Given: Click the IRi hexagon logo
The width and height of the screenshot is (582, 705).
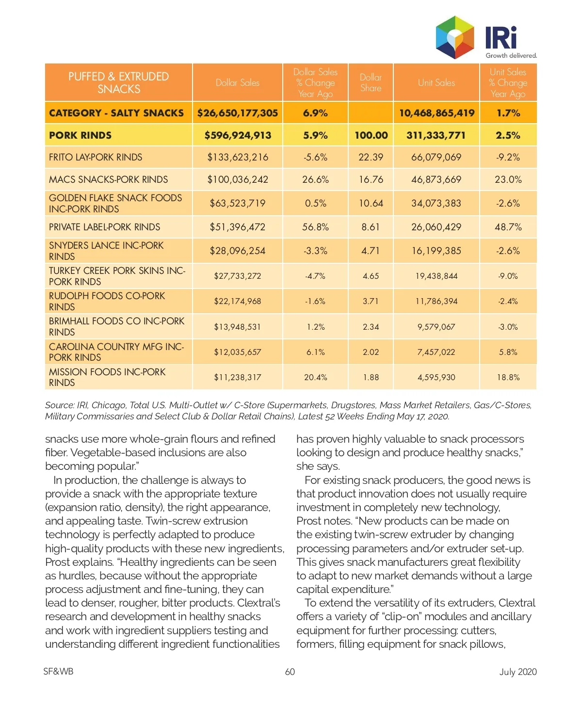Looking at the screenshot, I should (454, 37).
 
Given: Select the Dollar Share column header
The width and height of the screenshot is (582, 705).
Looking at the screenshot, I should (371, 83).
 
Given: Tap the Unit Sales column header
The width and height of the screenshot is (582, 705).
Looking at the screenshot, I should (436, 83).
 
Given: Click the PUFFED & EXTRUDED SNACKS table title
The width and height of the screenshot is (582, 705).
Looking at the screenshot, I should (119, 83).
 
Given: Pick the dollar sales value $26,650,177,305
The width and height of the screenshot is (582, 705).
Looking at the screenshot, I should (238, 113).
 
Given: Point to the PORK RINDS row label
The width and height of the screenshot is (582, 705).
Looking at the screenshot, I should (81, 135).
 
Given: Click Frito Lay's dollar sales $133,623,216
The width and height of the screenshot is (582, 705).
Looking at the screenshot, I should (238, 157).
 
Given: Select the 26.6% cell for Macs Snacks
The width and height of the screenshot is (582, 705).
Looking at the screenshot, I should (315, 179).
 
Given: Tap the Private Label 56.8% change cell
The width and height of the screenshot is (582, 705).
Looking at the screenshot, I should (315, 227).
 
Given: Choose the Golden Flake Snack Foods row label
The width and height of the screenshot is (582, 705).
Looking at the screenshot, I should (115, 203).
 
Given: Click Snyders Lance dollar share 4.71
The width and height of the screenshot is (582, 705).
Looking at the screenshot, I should (371, 251).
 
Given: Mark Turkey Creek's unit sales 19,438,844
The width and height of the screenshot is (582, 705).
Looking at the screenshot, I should (436, 276).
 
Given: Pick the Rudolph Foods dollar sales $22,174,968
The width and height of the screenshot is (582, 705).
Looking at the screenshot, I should (238, 301).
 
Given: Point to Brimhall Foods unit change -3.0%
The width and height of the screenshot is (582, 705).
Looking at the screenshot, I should (508, 327).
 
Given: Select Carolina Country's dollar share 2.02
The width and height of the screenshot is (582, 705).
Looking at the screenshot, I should (371, 352).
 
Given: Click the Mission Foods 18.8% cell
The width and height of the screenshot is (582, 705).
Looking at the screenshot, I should (508, 377).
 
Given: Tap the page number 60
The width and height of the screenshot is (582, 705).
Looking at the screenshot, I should (290, 672).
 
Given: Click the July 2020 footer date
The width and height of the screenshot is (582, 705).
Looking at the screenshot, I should (518, 672).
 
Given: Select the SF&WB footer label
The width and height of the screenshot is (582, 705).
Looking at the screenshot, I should (58, 672).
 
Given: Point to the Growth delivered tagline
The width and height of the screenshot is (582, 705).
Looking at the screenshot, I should (511, 55).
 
